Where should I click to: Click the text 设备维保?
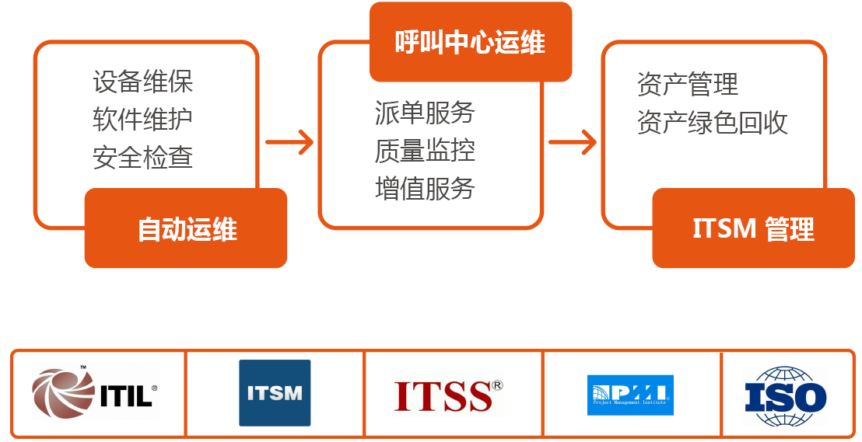[142, 82]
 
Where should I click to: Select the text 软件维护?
[142, 120]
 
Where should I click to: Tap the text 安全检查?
[142, 158]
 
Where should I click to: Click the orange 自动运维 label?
[186, 228]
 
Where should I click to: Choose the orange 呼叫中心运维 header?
[470, 42]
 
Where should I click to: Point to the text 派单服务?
[425, 113]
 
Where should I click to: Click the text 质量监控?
[425, 151]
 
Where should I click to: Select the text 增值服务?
[425, 189]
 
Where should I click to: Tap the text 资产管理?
[687, 84]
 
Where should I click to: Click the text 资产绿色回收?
[712, 123]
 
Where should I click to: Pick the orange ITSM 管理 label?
[753, 228]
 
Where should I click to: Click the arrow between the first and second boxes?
[289, 142]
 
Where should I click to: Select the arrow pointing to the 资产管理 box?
[573, 142]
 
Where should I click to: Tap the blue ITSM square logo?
[275, 393]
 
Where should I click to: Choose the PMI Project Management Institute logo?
[631, 395]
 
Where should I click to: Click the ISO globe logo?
[785, 395]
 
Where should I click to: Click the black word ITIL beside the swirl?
[127, 395]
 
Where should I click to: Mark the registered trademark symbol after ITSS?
[497, 385]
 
